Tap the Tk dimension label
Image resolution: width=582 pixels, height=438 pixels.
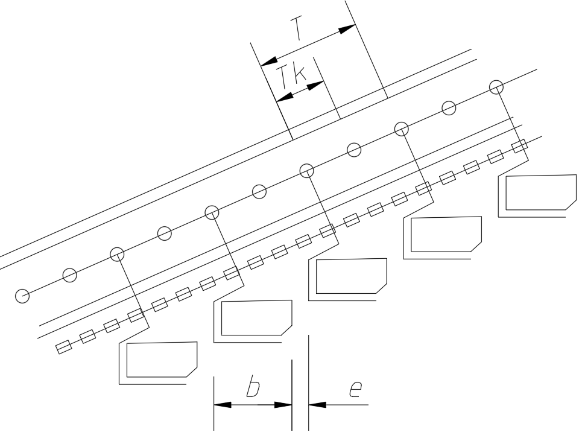(x=291, y=77)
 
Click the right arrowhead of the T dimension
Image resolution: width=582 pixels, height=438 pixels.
(x=347, y=29)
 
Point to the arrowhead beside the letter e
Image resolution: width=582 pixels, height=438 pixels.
(x=317, y=405)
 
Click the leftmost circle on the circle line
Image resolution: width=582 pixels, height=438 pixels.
(x=22, y=296)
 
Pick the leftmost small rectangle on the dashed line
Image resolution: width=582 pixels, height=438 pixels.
(x=63, y=346)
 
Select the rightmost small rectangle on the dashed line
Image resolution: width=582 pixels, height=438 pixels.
(x=519, y=145)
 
